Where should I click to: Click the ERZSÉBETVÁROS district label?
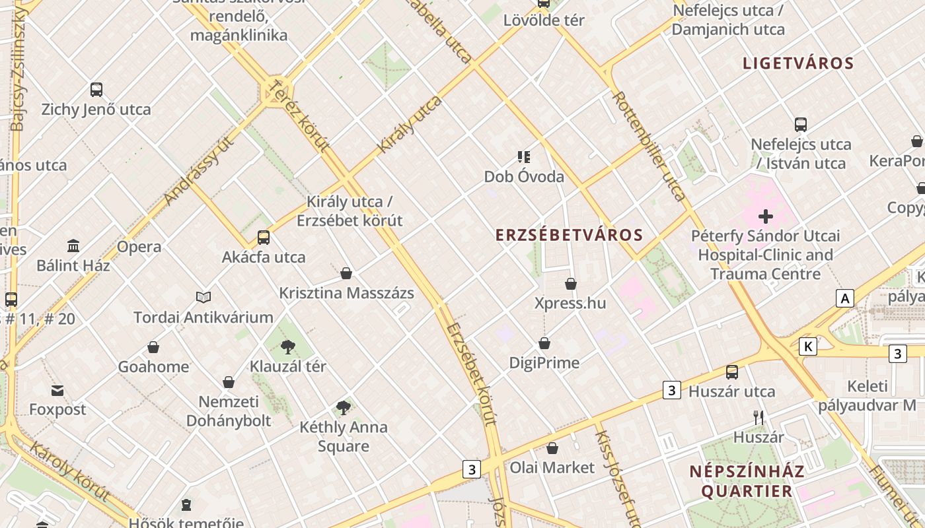tap(569, 235)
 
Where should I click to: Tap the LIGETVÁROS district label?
tap(798, 63)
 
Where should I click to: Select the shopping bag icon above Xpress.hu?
tap(571, 284)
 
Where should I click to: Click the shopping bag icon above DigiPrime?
tap(544, 343)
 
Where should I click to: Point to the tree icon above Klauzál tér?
tap(287, 346)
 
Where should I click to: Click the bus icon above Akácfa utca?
tap(264, 238)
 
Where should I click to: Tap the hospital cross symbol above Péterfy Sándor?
tap(766, 216)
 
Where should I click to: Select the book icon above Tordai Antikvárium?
tap(203, 298)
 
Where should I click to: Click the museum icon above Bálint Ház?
tap(73, 246)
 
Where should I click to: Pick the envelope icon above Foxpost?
tap(57, 391)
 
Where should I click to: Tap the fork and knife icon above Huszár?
tap(758, 417)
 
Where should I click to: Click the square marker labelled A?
tap(844, 298)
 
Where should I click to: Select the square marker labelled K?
tap(807, 346)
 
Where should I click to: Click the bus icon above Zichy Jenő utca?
tap(96, 90)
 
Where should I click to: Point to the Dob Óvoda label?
tap(524, 176)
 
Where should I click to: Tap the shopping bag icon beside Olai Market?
tap(552, 448)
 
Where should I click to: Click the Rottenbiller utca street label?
tap(649, 146)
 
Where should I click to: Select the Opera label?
tap(139, 247)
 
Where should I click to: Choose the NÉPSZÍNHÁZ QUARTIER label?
tap(747, 481)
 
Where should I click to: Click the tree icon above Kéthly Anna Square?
tap(343, 407)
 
